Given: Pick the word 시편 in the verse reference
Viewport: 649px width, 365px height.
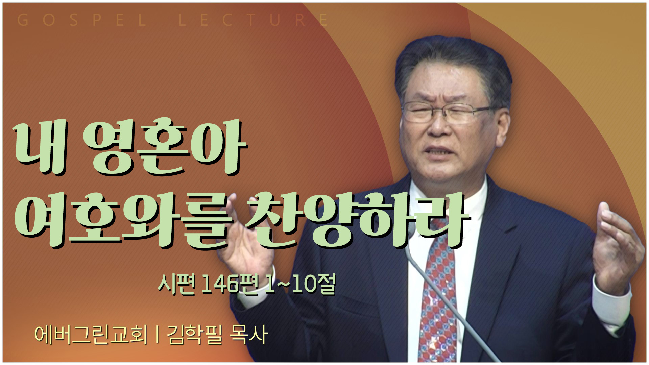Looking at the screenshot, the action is click(x=177, y=284).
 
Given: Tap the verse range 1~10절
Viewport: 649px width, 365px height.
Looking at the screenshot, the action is click(x=301, y=284).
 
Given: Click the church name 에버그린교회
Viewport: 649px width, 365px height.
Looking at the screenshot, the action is click(x=91, y=335).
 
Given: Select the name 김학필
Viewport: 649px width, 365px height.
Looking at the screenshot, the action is click(x=194, y=335).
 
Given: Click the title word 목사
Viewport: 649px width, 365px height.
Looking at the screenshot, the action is click(x=248, y=335).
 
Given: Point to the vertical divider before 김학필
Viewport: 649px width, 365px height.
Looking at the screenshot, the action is click(x=157, y=335).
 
